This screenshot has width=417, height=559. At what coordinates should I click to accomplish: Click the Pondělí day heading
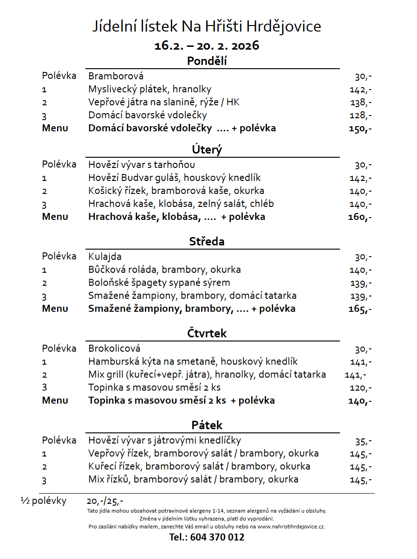coord(207,61)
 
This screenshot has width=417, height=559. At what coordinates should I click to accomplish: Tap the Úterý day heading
coord(207,150)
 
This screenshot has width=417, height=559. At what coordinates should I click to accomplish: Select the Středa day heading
coord(207,242)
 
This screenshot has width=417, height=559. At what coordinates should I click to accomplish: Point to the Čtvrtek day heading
coord(207,334)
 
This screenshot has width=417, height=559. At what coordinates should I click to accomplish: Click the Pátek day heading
coord(207,425)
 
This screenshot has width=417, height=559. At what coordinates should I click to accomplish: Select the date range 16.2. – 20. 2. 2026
coord(207,46)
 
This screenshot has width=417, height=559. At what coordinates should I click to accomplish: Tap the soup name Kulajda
coord(105,257)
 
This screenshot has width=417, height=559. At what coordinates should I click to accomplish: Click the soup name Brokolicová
coord(114,348)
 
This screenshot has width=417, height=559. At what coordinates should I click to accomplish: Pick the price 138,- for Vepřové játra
coord(360,103)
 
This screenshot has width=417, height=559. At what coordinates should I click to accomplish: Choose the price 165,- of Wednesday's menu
coord(360,309)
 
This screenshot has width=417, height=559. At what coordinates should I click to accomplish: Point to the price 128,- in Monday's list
coord(360,116)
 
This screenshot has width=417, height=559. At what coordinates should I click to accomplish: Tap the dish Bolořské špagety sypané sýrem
coord(159,283)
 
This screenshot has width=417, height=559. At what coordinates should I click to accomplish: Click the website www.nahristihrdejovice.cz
coord(291,527)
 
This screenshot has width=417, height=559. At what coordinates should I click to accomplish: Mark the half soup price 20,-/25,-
coord(105,501)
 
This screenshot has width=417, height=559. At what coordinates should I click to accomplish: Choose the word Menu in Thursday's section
coord(55,400)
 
